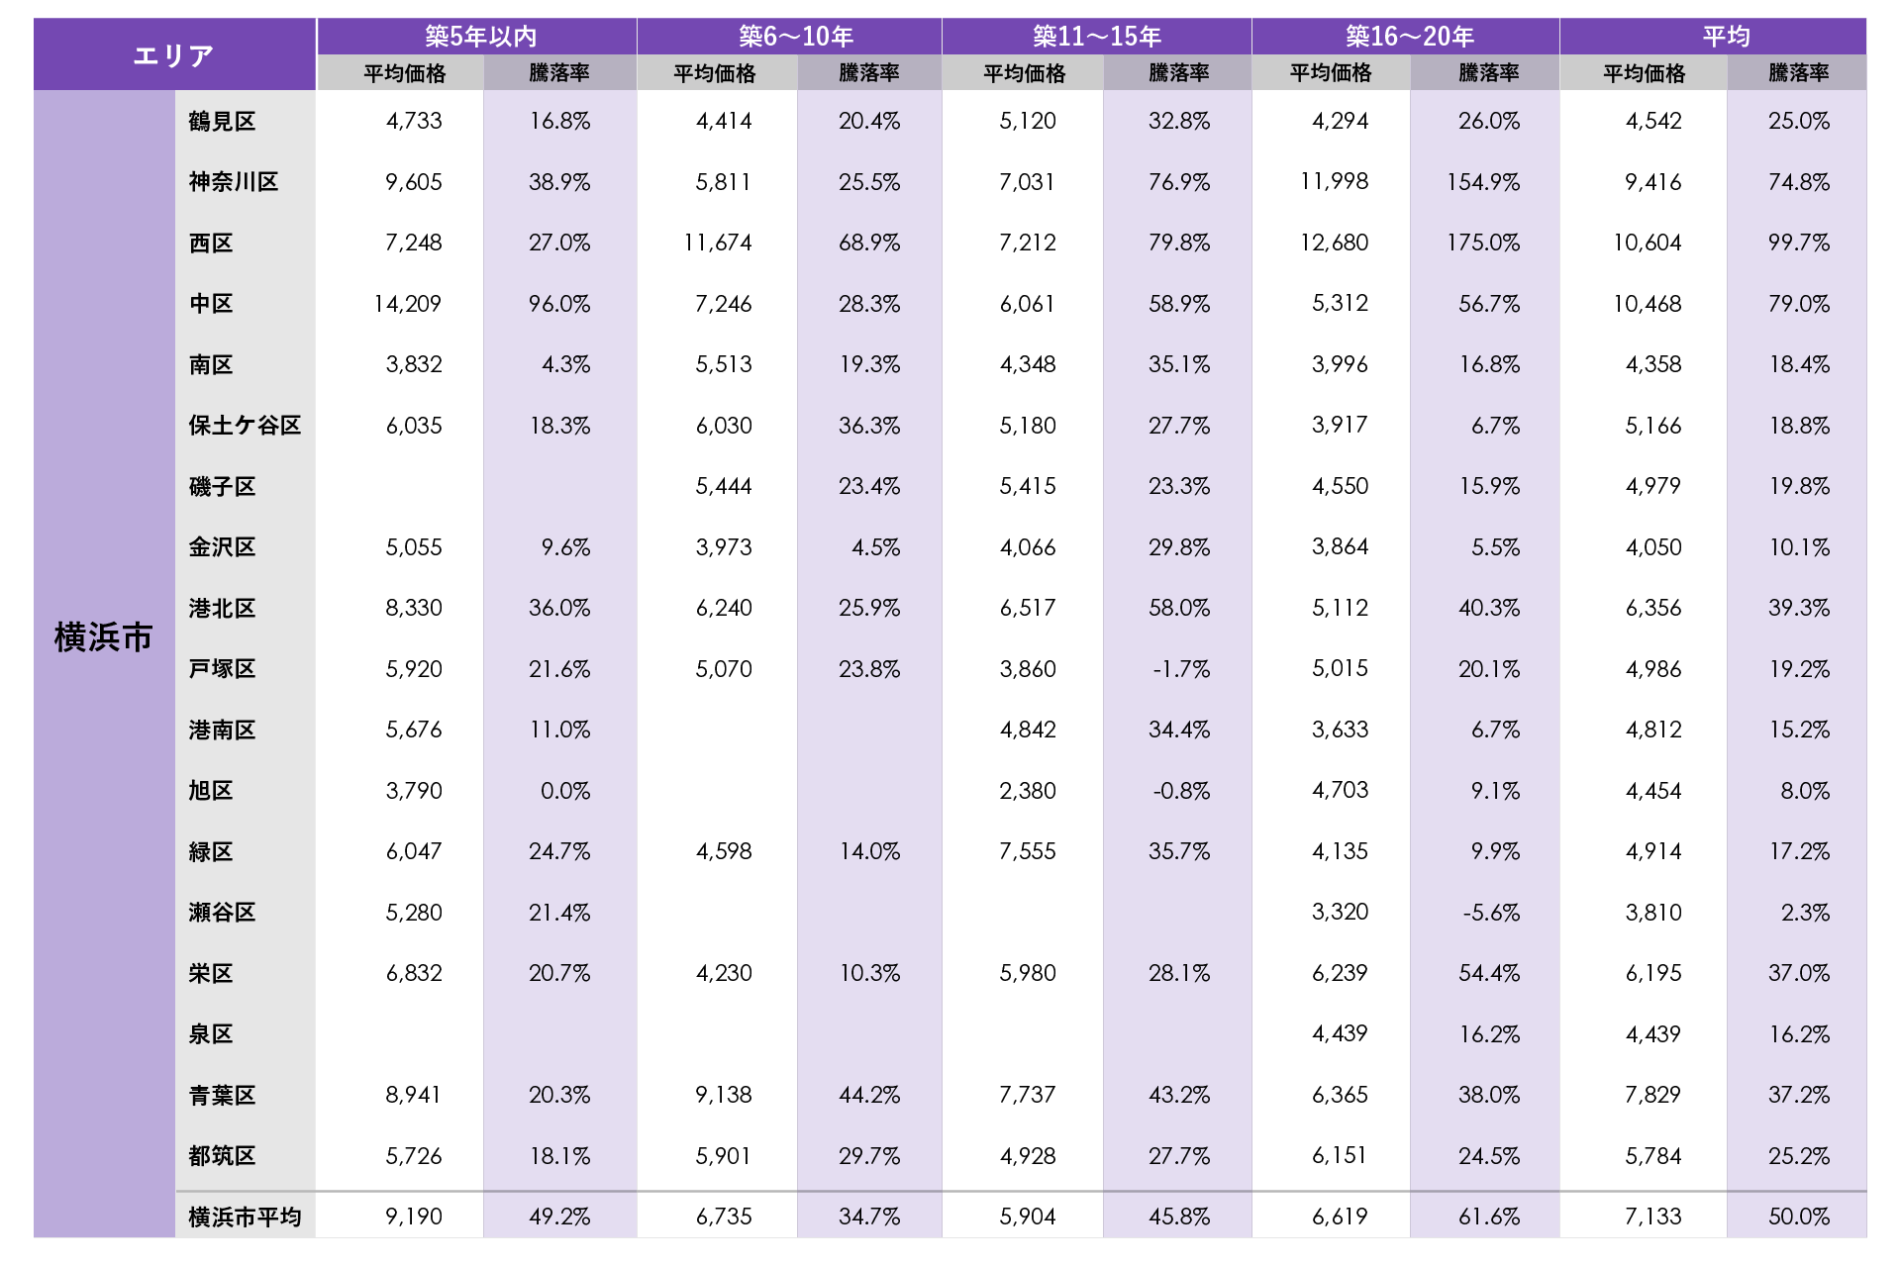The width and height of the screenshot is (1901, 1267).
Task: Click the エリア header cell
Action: tap(174, 55)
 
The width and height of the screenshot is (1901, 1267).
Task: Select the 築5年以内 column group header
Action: tap(480, 37)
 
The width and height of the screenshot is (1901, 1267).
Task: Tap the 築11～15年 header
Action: tap(1096, 37)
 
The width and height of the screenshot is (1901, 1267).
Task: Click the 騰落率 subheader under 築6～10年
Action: tap(868, 73)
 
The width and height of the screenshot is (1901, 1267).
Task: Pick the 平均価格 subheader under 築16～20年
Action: tap(1331, 73)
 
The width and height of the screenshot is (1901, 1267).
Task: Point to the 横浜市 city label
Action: tap(104, 637)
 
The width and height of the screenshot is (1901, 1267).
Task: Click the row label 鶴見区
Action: tap(223, 122)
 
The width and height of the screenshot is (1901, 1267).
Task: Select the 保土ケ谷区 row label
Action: tap(245, 426)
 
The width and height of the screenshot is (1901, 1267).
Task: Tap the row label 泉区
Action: tap(211, 1034)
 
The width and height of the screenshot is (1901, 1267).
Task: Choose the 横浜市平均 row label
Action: tap(245, 1217)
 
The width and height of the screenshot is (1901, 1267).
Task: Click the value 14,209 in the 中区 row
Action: tap(407, 304)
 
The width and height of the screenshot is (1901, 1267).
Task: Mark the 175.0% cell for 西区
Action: tap(1482, 243)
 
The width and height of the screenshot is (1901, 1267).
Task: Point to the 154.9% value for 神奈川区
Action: tap(1482, 182)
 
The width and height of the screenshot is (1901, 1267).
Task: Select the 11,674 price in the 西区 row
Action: tap(718, 243)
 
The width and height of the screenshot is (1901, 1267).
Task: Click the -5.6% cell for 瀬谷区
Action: tap(1491, 913)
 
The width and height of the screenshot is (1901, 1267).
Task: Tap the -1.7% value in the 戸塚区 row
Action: tap(1181, 669)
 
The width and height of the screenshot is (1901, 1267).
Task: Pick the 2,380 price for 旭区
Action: tap(1028, 791)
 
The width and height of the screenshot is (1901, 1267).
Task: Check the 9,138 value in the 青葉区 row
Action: tap(724, 1095)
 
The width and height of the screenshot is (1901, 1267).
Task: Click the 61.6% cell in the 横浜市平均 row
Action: tap(1488, 1217)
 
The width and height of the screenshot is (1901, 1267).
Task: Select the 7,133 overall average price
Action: tap(1652, 1217)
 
